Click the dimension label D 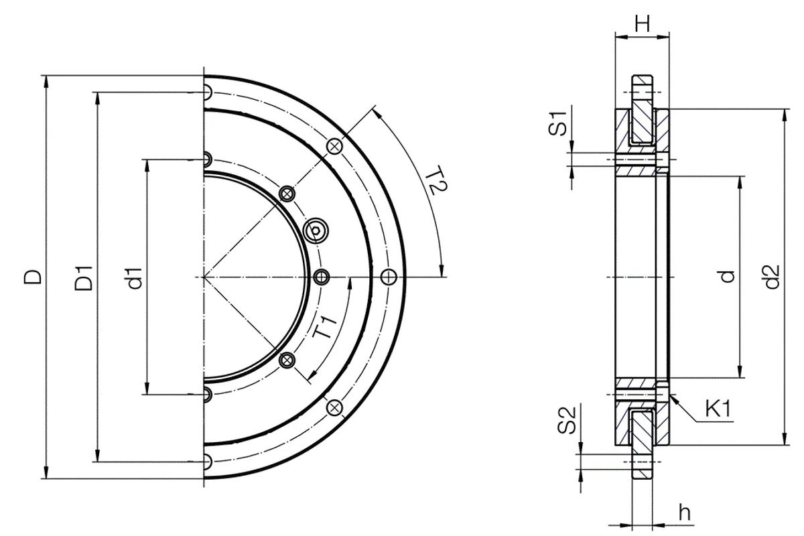33,277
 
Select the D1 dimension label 84,278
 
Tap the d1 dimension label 135,278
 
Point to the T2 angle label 435,181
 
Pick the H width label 642,23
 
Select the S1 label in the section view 557,123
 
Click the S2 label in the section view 567,419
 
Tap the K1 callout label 718,408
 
